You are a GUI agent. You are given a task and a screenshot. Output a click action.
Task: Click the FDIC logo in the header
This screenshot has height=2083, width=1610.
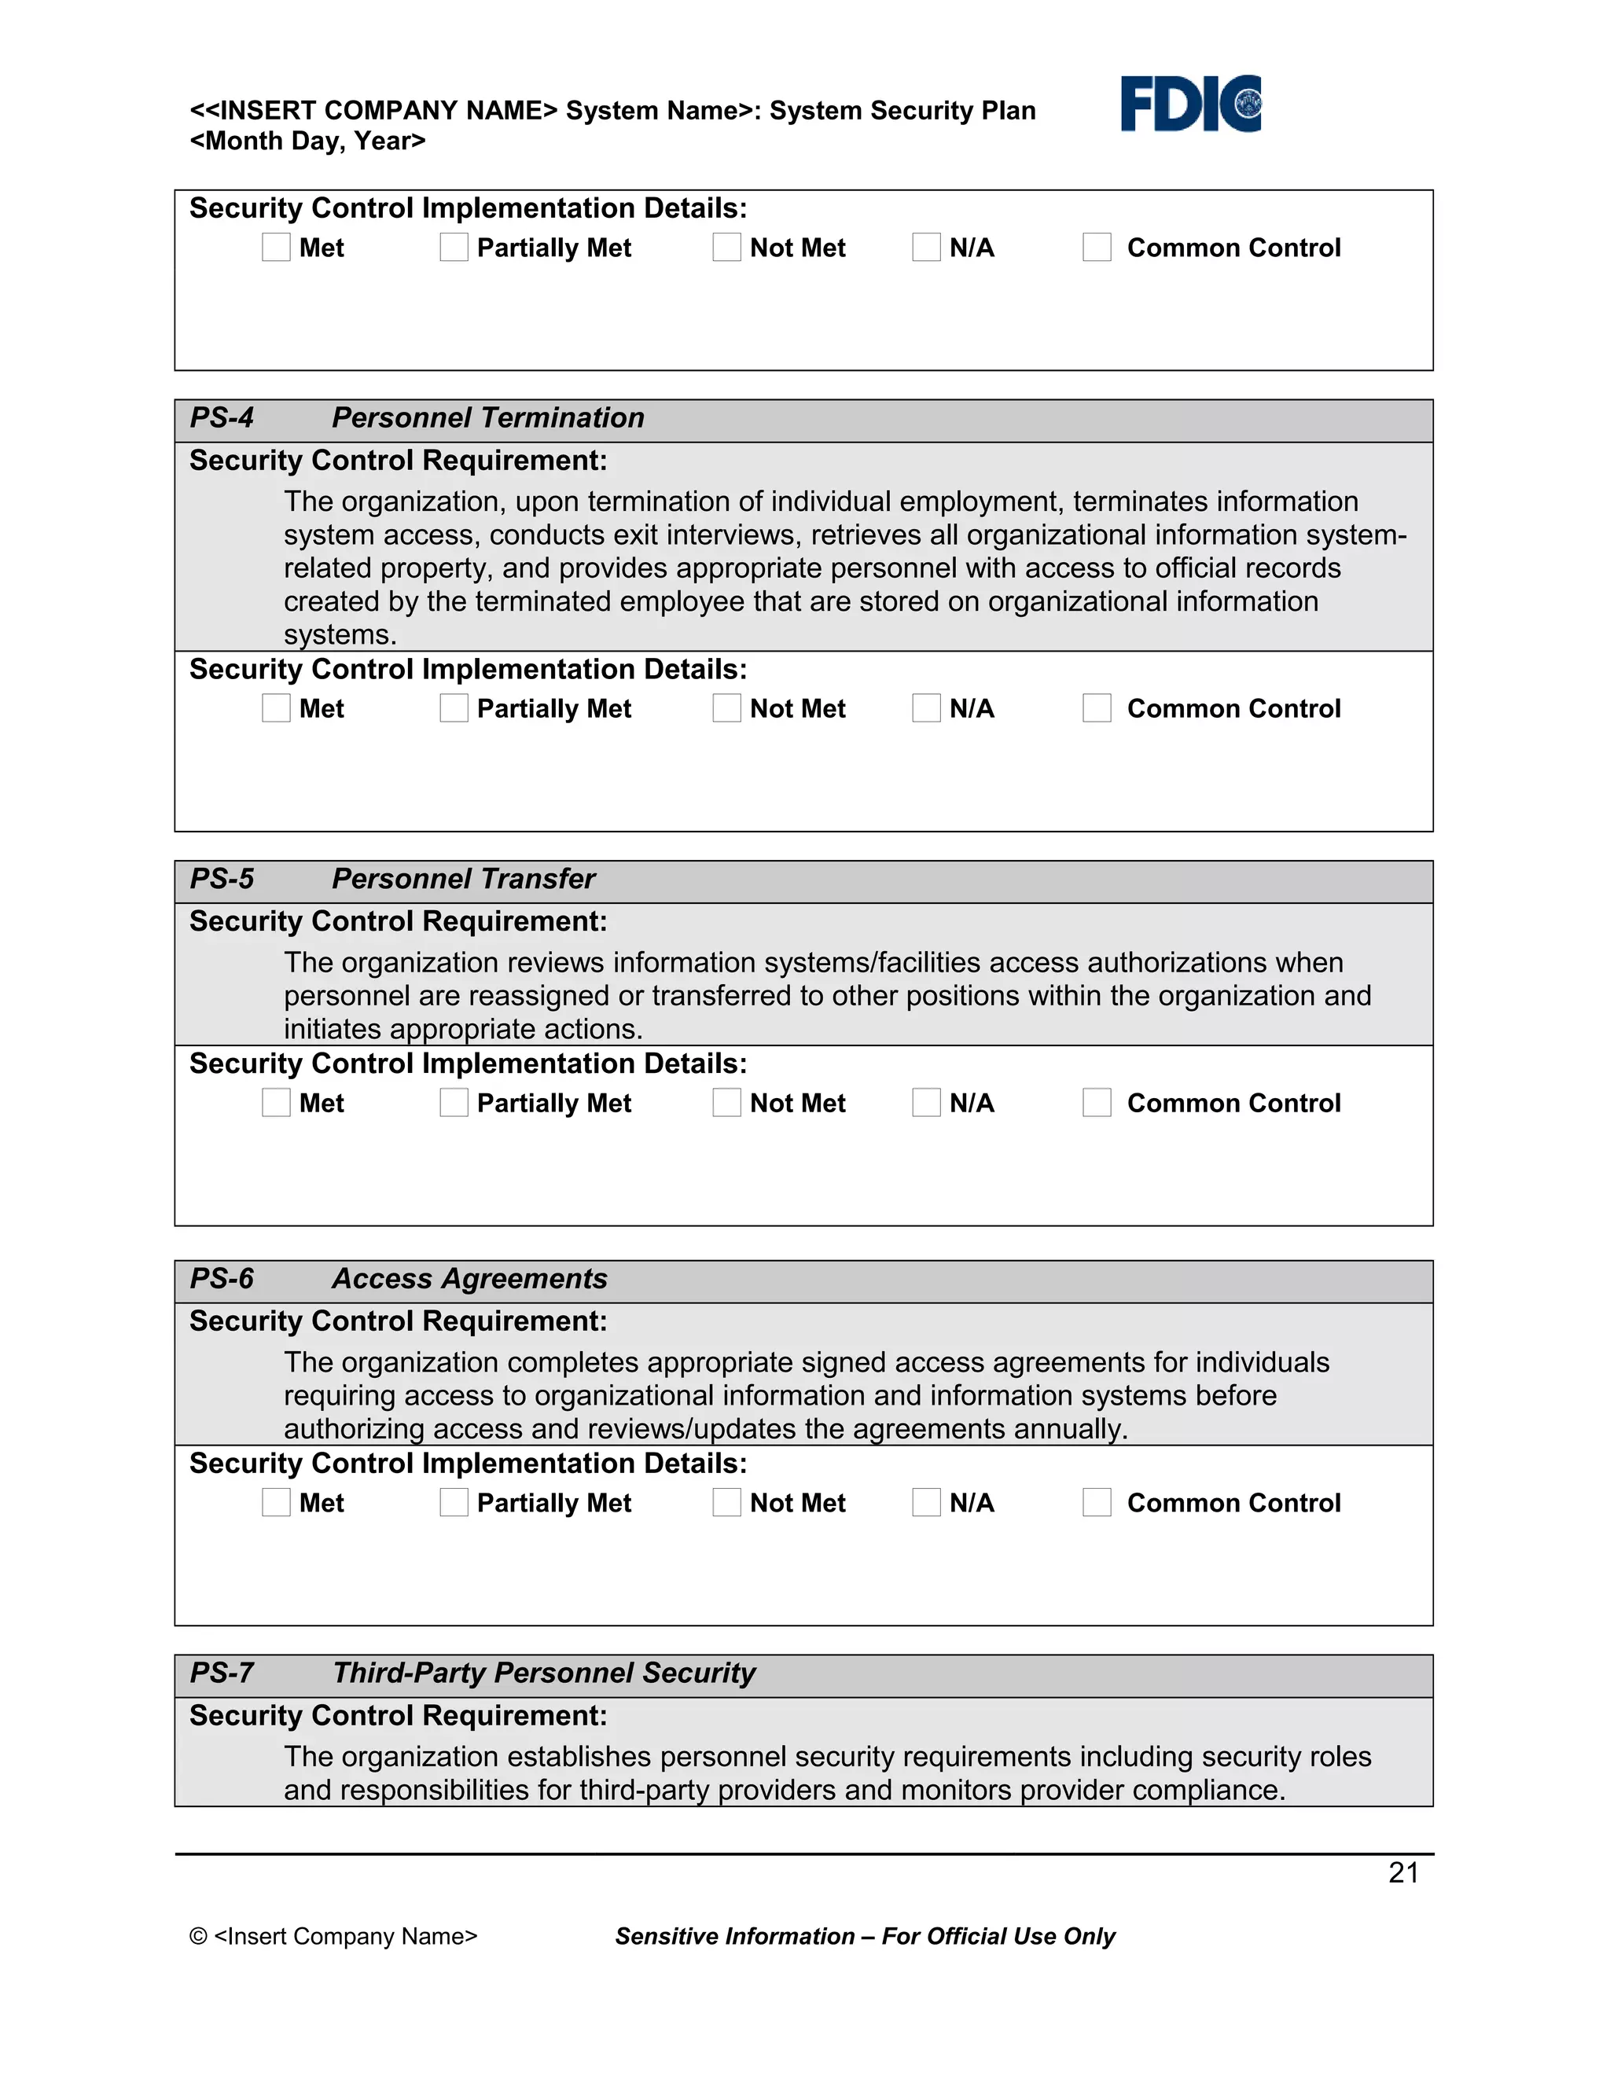click(1190, 103)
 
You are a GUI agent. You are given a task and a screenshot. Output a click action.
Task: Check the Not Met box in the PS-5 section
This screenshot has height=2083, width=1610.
click(727, 1103)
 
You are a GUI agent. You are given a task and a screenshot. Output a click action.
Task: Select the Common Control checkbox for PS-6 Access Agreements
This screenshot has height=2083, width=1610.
click(1097, 1502)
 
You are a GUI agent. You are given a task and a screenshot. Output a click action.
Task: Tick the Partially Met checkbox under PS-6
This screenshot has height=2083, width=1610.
click(454, 1502)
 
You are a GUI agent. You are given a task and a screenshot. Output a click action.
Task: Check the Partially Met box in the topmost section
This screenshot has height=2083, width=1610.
click(454, 247)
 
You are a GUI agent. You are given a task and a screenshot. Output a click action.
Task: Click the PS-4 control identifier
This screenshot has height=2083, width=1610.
click(221, 417)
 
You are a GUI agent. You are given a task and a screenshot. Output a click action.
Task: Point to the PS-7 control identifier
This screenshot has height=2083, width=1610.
click(221, 1673)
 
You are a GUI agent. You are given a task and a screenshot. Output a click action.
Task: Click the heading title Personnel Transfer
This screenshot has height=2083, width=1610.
click(464, 879)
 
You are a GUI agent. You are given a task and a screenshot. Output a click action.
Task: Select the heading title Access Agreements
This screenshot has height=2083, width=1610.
click(469, 1278)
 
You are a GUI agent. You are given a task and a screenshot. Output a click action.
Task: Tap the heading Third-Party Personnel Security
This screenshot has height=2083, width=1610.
click(544, 1673)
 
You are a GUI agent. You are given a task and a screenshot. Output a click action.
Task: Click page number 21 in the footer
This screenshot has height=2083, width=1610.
click(1403, 1873)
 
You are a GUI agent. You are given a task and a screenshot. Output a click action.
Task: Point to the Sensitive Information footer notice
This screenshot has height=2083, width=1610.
click(864, 1936)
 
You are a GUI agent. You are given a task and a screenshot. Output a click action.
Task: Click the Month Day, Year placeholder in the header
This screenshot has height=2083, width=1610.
click(307, 141)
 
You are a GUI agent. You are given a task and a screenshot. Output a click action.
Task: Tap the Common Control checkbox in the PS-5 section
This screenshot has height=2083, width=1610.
click(1097, 1103)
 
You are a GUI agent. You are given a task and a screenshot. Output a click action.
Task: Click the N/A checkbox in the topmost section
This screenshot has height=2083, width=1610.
click(926, 247)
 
